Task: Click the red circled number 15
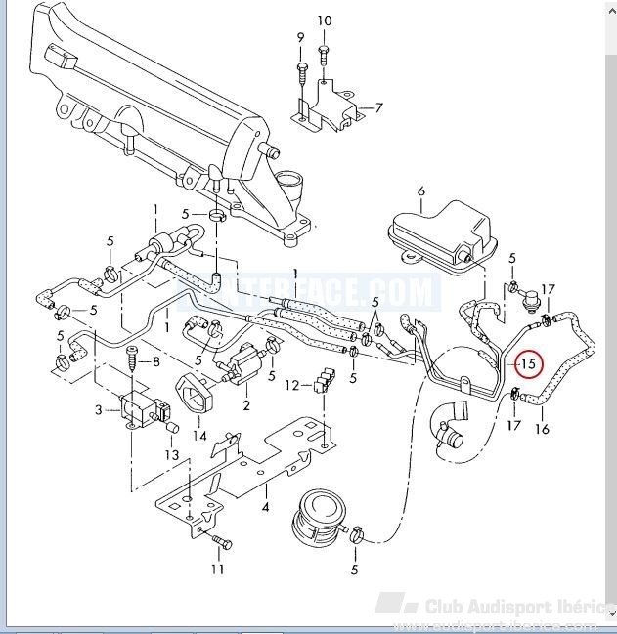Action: (x=528, y=365)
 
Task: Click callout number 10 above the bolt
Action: (x=325, y=21)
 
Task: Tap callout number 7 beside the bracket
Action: (x=378, y=107)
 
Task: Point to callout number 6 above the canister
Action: (x=421, y=191)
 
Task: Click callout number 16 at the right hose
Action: (x=543, y=428)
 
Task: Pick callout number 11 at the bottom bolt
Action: (x=218, y=569)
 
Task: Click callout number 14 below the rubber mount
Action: (x=200, y=436)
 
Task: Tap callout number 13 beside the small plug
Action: (x=171, y=455)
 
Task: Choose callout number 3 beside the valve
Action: (x=99, y=410)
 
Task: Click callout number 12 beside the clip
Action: (x=291, y=386)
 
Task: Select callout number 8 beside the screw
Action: (x=155, y=362)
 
